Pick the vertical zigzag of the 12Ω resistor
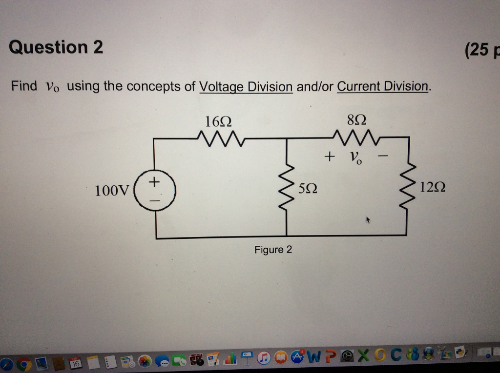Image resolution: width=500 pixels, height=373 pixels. [x=407, y=188]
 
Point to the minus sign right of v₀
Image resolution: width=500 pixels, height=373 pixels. [x=383, y=157]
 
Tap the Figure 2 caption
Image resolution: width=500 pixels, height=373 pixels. [x=273, y=250]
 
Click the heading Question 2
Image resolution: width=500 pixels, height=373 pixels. [x=56, y=47]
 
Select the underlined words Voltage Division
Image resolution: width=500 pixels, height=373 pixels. [x=246, y=87]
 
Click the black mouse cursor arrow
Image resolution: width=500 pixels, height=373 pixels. [x=369, y=221]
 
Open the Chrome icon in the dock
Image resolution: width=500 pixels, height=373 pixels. [x=23, y=363]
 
